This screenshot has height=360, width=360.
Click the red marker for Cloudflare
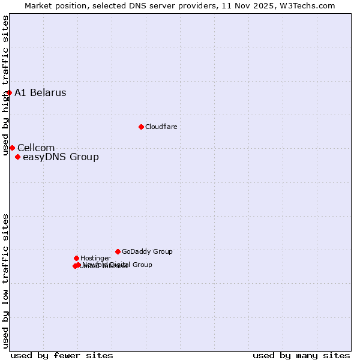pos(141,127)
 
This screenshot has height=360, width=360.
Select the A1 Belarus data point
pos(9,92)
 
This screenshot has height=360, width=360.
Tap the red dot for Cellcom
pos(12,148)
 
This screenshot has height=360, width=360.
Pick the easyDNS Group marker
pos(18,157)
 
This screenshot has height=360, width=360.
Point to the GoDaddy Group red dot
pos(118,251)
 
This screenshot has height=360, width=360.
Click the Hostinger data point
pos(76,258)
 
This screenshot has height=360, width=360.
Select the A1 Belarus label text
pos(40,93)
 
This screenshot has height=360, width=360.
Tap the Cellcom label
pos(36,148)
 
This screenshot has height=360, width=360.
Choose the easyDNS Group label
pos(61,157)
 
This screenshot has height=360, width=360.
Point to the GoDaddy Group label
pos(147,252)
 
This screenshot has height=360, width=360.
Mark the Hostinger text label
pos(95,259)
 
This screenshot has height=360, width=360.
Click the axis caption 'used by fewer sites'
pos(62,355)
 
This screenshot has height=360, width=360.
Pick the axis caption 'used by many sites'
pos(301,355)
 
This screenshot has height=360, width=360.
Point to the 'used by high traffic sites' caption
pos(5,85)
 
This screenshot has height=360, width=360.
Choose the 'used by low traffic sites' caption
pos(5,281)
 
